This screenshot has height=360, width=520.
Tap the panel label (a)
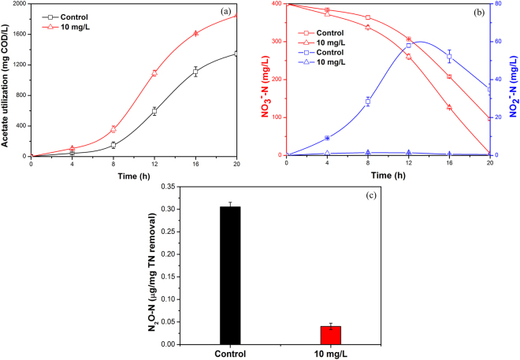pos(234,13)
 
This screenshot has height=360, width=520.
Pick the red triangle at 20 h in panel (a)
pos(236,15)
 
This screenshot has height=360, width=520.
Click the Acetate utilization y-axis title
pos(6,79)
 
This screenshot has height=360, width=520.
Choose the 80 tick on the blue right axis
pos(497,4)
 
